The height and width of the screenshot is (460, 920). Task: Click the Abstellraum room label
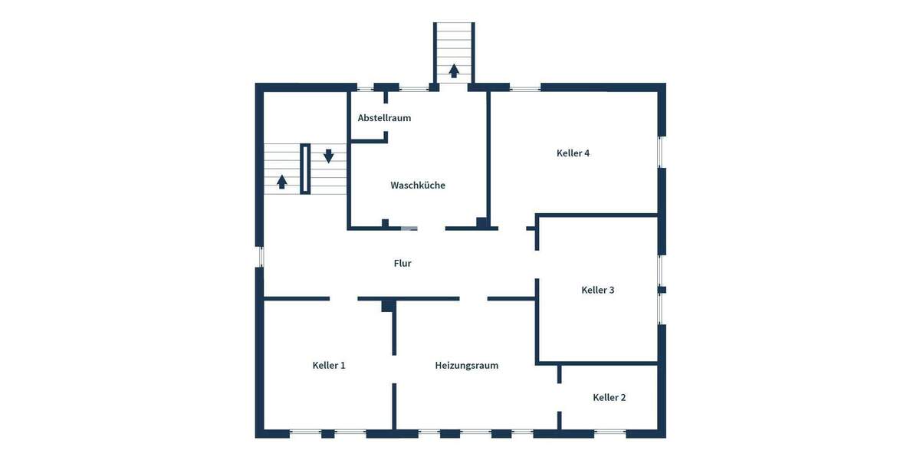384,118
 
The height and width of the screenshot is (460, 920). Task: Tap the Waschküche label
418,186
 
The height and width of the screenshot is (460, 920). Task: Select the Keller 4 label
573,153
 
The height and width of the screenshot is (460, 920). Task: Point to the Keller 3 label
598,291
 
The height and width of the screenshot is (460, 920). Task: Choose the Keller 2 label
609,398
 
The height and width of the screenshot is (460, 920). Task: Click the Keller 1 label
329,366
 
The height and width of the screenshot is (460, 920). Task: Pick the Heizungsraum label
466,366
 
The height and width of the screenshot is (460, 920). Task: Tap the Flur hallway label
402,264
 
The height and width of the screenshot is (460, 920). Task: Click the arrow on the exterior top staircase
454,71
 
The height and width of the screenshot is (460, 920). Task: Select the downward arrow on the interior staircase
329,156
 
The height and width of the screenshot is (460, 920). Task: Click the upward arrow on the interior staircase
282,182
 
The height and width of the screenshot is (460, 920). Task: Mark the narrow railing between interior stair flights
305,169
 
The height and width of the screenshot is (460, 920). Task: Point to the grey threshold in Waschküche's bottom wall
409,228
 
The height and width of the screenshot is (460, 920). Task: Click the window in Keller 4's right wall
661,153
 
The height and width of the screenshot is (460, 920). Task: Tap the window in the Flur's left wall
260,256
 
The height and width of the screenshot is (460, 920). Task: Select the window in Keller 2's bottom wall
610,433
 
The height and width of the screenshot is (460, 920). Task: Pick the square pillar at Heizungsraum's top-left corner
389,306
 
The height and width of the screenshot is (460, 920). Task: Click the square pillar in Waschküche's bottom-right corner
481,223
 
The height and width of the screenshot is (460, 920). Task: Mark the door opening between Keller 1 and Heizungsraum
395,370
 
